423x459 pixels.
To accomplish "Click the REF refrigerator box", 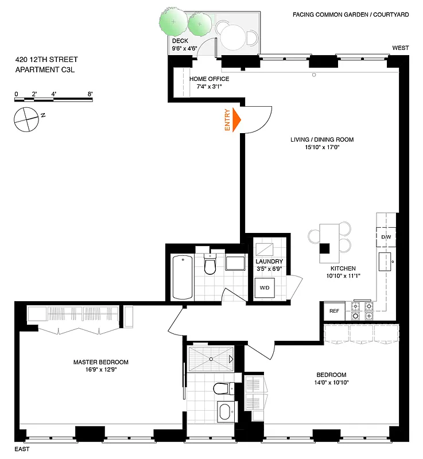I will click(333, 311).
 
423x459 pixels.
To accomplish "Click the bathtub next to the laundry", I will click(183, 277).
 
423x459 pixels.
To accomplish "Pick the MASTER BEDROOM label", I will click(100, 362).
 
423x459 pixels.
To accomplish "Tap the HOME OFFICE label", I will click(209, 79).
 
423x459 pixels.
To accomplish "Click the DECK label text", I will click(180, 41).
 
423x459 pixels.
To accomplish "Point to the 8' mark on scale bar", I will click(90, 94).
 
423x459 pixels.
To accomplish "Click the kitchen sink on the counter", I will click(384, 261).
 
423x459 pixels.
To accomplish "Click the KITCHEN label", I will click(343, 269).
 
